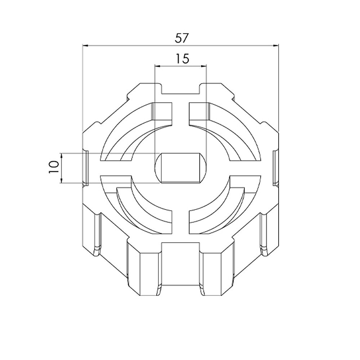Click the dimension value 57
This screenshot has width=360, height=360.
[x=181, y=38]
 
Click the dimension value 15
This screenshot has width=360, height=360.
[x=182, y=59]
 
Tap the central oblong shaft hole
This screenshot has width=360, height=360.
[x=181, y=168]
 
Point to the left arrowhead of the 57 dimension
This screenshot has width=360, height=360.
[x=85, y=46]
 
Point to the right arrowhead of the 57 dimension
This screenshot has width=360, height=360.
[x=275, y=46]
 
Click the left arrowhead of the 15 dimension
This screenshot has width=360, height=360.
[x=158, y=67]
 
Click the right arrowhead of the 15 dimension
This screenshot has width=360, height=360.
[x=204, y=67]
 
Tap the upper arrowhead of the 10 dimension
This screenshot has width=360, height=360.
[x=62, y=156]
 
